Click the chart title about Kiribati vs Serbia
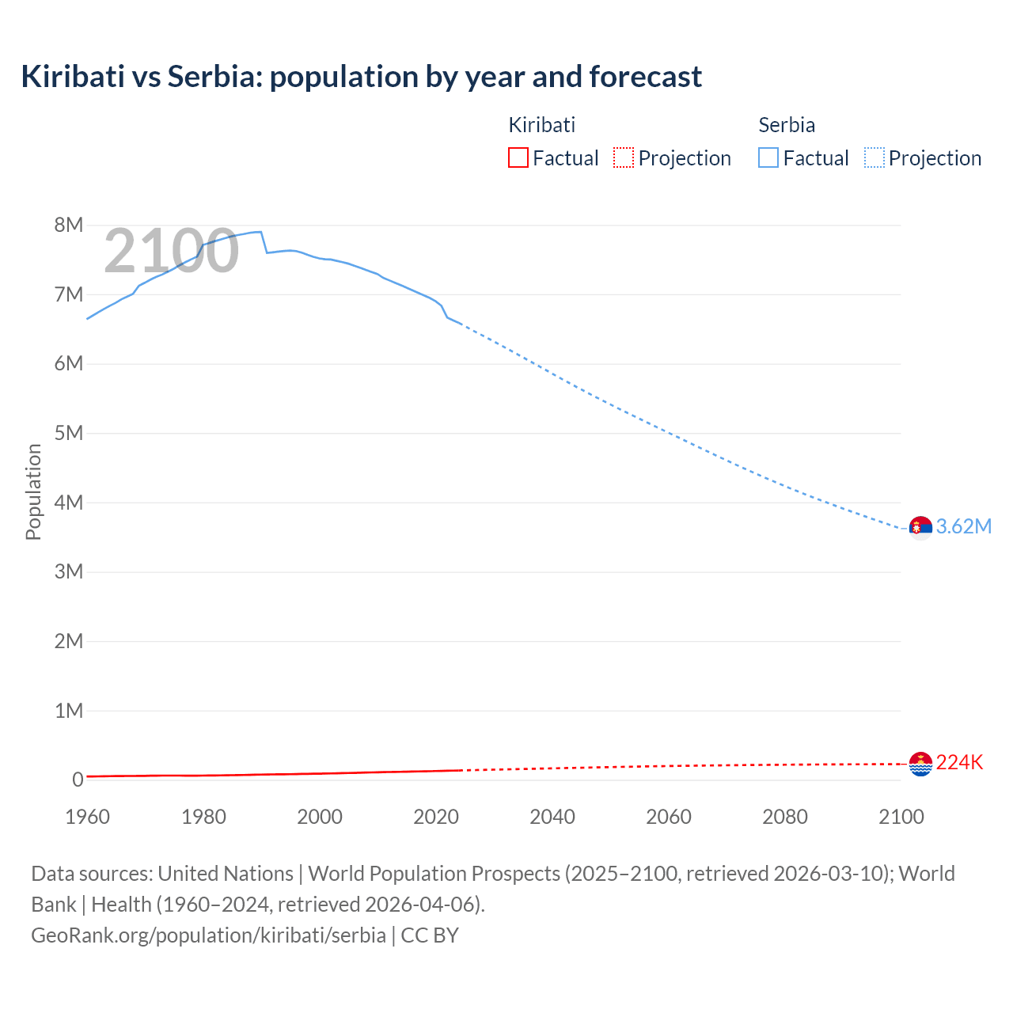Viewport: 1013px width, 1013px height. point(361,77)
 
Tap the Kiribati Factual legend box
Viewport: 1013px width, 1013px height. point(518,157)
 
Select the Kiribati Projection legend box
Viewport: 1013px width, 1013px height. point(624,157)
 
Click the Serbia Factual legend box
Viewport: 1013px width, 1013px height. point(768,157)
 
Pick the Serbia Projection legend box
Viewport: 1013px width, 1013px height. point(875,157)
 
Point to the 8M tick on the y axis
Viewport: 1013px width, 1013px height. point(69,225)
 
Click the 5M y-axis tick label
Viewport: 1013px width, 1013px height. point(69,433)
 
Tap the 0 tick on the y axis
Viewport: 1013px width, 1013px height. point(78,780)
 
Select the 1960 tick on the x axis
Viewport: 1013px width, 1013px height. point(87,817)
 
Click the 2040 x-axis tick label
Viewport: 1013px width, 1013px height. point(552,817)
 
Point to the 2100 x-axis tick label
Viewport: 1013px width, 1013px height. point(901,817)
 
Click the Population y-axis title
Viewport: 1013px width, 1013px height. point(33,491)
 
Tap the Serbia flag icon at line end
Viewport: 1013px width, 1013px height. point(920,527)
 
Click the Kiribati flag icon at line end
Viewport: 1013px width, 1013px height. point(920,764)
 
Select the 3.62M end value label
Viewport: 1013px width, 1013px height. point(963,527)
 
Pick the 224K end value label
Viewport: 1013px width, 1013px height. point(959,763)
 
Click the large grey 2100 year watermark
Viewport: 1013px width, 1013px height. point(171,251)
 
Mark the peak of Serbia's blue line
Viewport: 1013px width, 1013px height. point(259,232)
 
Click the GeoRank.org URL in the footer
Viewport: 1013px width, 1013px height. point(208,935)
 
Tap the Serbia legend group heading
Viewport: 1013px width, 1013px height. point(786,125)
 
